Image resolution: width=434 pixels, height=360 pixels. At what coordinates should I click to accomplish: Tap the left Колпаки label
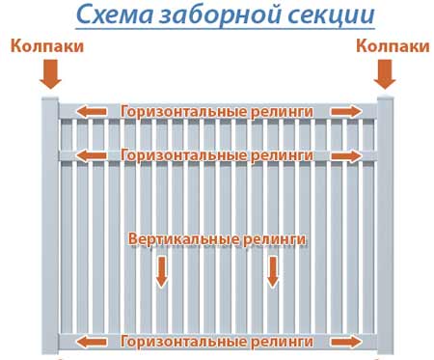pos(47,46)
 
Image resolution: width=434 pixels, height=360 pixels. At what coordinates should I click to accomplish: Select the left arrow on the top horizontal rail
pos(94,112)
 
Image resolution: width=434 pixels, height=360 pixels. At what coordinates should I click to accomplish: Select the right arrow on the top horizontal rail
pos(347,112)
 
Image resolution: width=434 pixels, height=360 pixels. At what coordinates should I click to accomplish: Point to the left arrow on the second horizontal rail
pos(94,154)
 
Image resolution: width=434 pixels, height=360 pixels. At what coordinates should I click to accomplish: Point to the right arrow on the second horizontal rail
pos(347,154)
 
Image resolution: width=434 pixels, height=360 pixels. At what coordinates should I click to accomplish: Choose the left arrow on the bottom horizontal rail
pos(94,341)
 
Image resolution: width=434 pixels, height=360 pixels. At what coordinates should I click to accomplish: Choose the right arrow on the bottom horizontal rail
pos(347,341)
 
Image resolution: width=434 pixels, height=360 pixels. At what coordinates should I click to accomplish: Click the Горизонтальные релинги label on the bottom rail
pos(217,341)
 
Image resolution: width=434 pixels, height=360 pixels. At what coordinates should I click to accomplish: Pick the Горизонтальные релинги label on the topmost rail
pos(217,112)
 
